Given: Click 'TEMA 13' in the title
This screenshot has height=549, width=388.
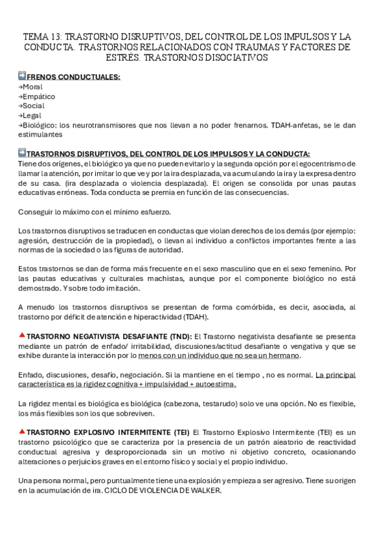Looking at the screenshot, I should tap(42, 37).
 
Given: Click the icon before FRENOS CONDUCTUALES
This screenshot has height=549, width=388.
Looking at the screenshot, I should tap(23, 76).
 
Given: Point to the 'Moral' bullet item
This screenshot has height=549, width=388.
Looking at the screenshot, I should tap(32, 87).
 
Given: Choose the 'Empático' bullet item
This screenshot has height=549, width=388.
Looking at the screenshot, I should tap(38, 96).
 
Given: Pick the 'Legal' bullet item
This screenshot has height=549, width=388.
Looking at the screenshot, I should tap(32, 115).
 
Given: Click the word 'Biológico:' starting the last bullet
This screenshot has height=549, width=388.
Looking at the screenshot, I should tap(40, 125).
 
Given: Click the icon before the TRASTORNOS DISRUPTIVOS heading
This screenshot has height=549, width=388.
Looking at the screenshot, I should tap(23, 153).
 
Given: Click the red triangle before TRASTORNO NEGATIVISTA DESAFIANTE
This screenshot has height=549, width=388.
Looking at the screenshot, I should tap(22, 335).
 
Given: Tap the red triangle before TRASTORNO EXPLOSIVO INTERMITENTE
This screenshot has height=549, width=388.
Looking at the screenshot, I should tap(22, 431).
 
